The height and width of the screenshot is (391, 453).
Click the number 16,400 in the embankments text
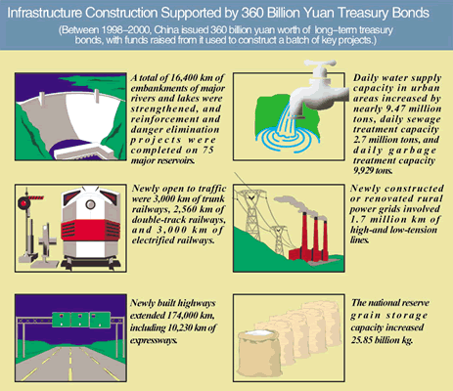[186, 78]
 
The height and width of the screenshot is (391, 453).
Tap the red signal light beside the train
[23, 203]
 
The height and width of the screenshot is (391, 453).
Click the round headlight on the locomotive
[90, 204]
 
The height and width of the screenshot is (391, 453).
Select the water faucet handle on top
[319, 64]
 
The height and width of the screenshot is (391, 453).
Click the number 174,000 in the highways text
[184, 316]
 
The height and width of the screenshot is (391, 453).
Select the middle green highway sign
[78, 320]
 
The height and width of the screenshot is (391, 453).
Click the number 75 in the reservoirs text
[207, 151]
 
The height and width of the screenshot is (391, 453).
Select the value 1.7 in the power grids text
[357, 219]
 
